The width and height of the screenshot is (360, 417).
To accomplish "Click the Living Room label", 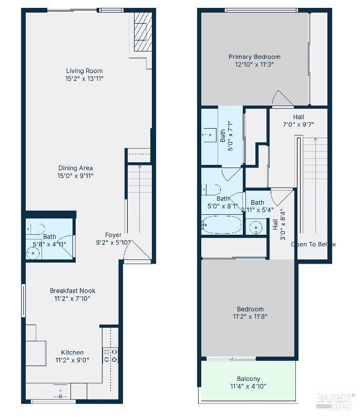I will coord(84,71).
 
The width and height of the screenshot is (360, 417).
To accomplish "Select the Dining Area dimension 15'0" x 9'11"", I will coord(76,176).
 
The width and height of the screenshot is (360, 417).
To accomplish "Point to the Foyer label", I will coord(113,235).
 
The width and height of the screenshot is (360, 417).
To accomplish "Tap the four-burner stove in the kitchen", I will coord(110,356).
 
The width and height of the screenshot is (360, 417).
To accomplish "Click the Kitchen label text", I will coord(72,352).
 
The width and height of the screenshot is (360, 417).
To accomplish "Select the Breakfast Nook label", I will coord(73,290).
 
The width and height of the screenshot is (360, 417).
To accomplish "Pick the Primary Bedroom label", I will coord(254,57).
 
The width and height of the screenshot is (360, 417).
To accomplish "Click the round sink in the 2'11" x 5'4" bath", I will coord(255,227).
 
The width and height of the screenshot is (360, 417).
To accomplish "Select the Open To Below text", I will coord(313,244).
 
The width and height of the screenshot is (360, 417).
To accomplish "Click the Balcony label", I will coord(248,379).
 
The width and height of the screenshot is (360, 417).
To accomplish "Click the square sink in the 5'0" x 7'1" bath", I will coord(210,135).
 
